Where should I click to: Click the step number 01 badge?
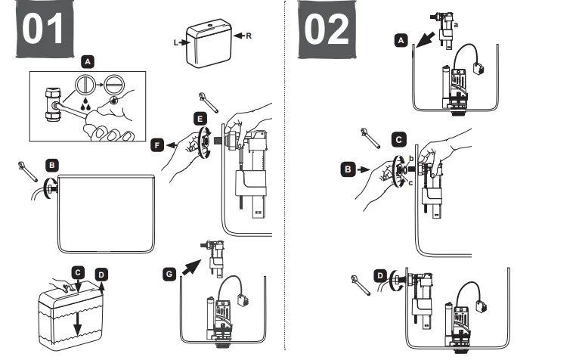click(x=46, y=29)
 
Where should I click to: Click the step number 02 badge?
click(x=327, y=29)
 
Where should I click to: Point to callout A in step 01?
click(x=88, y=59)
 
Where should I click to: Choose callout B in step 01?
click(x=51, y=163)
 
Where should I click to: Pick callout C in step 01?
click(x=77, y=271)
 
